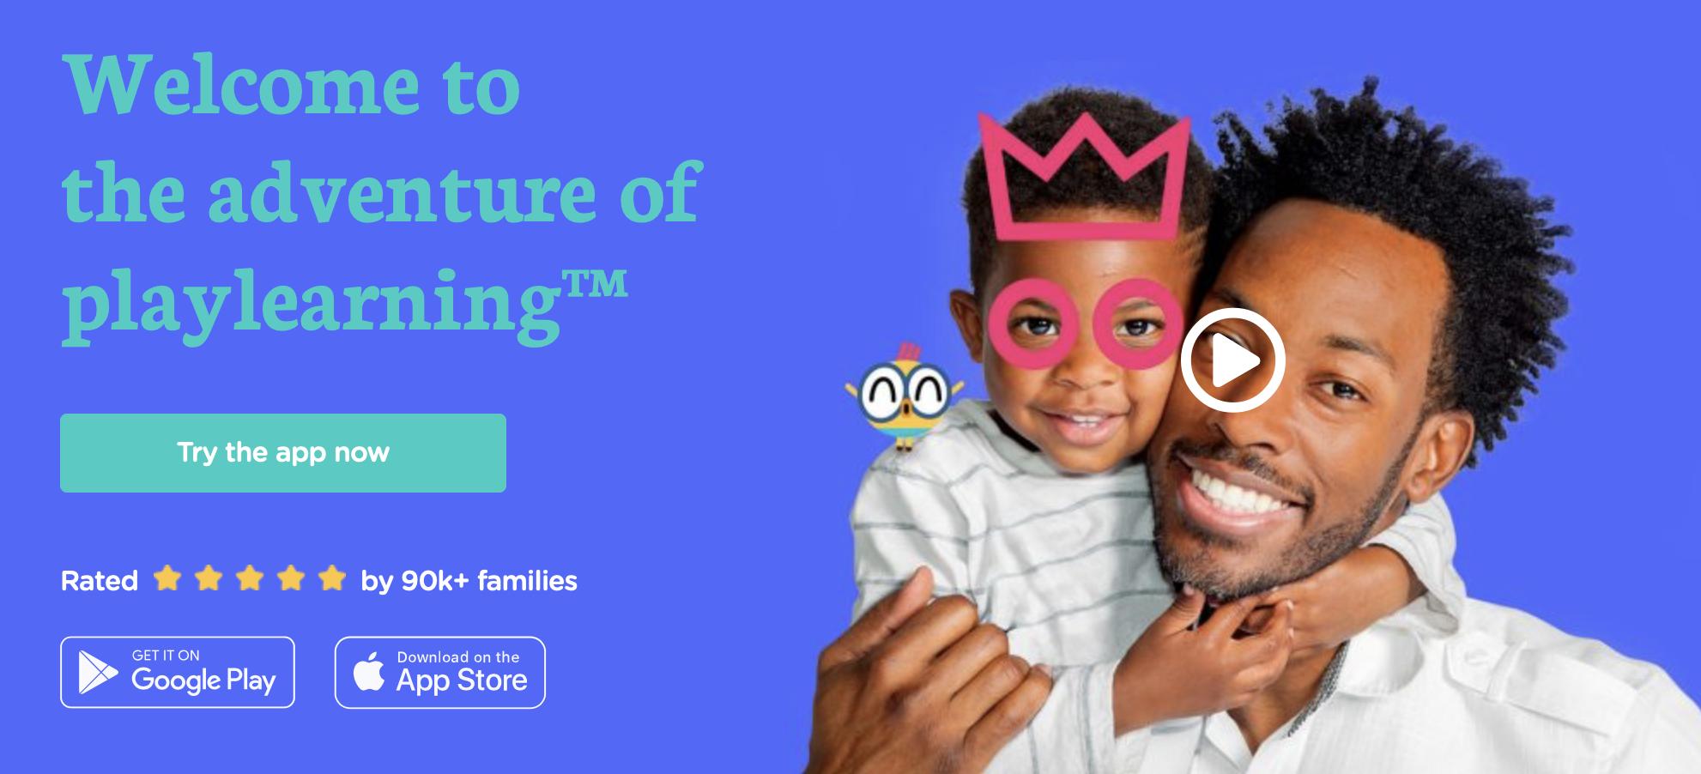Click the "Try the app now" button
pyautogui.click(x=283, y=453)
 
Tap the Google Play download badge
pyautogui.click(x=178, y=672)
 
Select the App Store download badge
pyautogui.click(x=440, y=672)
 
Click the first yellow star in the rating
pyautogui.click(x=167, y=579)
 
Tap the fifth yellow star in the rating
pyautogui.click(x=331, y=579)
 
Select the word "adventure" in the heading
pyautogui.click(x=401, y=193)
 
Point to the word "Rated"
pyautogui.click(x=100, y=581)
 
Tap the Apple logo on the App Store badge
pyautogui.click(x=369, y=671)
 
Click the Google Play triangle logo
pyautogui.click(x=96, y=672)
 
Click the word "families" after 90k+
pyautogui.click(x=527, y=581)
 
